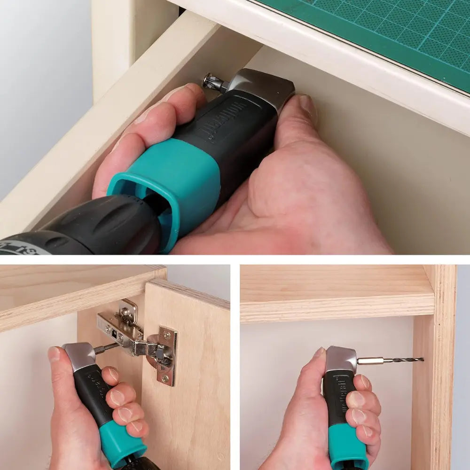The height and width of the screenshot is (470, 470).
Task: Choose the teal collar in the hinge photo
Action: pyautogui.click(x=120, y=444)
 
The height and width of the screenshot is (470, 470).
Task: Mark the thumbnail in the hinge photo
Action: pyautogui.click(x=54, y=354)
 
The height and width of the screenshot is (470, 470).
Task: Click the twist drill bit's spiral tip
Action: pyautogui.click(x=409, y=360)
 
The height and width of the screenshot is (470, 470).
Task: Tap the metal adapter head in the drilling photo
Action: pyautogui.click(x=341, y=360)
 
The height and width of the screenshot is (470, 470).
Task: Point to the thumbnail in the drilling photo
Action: pyautogui.click(x=319, y=353)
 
